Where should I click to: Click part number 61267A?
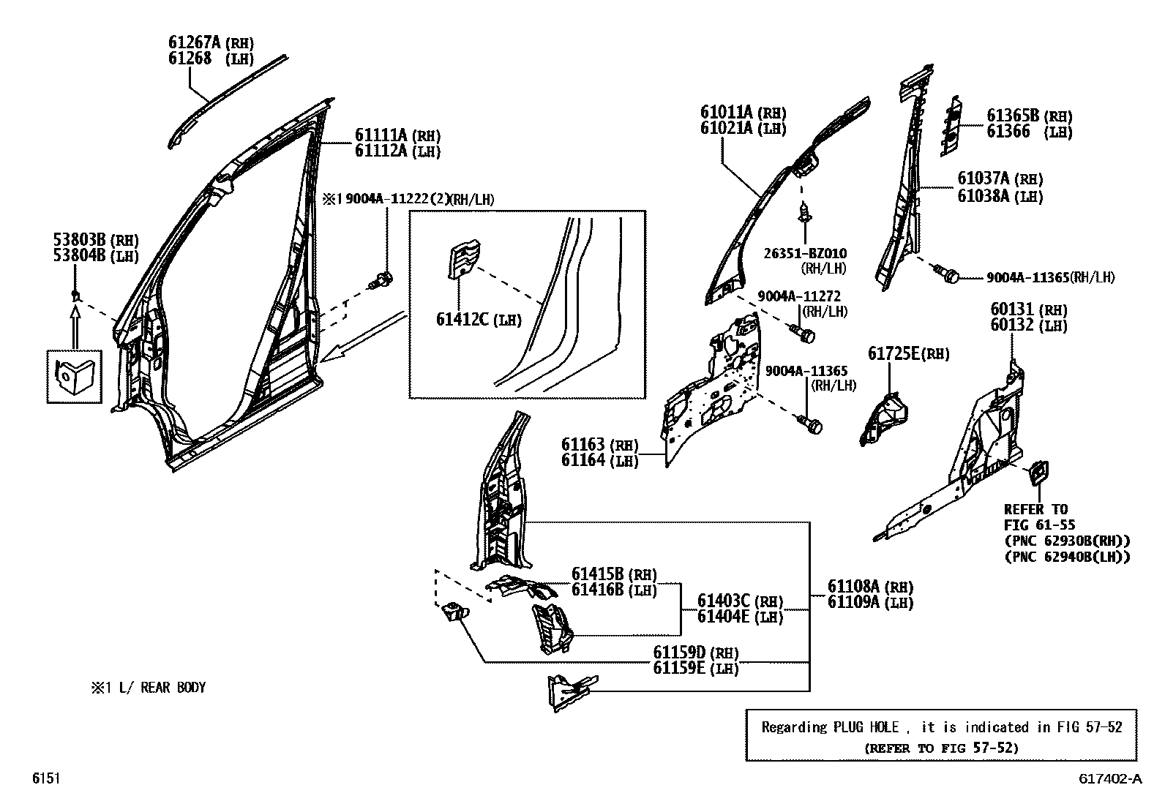tap(195, 42)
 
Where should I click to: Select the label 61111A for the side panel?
tap(381, 135)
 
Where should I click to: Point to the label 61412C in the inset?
tap(462, 320)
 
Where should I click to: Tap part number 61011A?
tap(726, 113)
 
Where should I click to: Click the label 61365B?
tap(1013, 116)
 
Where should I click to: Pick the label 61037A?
tap(984, 179)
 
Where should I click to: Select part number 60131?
tap(1012, 310)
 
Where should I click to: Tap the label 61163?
tap(583, 444)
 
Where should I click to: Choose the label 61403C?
tap(724, 601)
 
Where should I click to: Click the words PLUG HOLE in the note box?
tap(866, 727)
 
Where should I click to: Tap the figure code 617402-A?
tap(1109, 779)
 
